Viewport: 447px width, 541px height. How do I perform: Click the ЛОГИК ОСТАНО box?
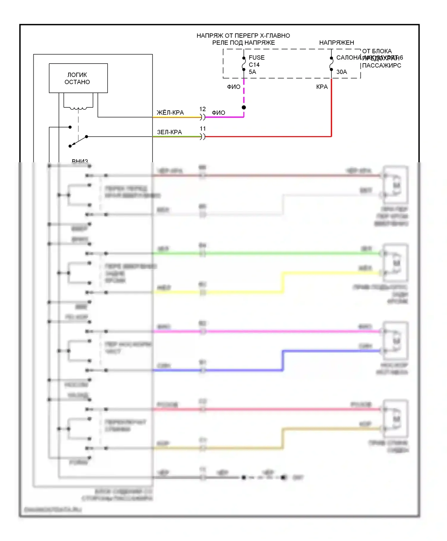pos(78,78)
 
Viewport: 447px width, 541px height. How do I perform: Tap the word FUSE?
pos(257,58)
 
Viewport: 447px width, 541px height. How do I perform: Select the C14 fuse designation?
pos(254,65)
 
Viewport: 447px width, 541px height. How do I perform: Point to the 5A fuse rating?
pos(252,72)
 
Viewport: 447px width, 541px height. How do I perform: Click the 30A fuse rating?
pos(342,72)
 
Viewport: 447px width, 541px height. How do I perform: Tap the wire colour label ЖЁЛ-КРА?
pos(170,113)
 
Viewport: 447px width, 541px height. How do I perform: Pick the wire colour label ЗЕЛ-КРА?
pos(169,132)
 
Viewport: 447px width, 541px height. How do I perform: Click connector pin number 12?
pos(203,109)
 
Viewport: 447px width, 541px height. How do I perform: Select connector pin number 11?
pos(203,129)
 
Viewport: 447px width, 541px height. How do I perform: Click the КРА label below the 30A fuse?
pos(322,87)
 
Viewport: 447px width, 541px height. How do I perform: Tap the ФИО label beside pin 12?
pos(218,113)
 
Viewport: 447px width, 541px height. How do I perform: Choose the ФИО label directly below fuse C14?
pos(234,87)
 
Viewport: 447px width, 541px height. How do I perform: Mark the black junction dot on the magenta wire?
pos(244,107)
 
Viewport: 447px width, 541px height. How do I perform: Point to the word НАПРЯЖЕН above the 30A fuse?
pos(336,43)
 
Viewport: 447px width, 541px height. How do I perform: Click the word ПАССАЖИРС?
pos(381,66)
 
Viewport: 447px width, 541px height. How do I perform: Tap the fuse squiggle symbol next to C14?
pos(244,64)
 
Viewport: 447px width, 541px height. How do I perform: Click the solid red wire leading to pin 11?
pos(268,137)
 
